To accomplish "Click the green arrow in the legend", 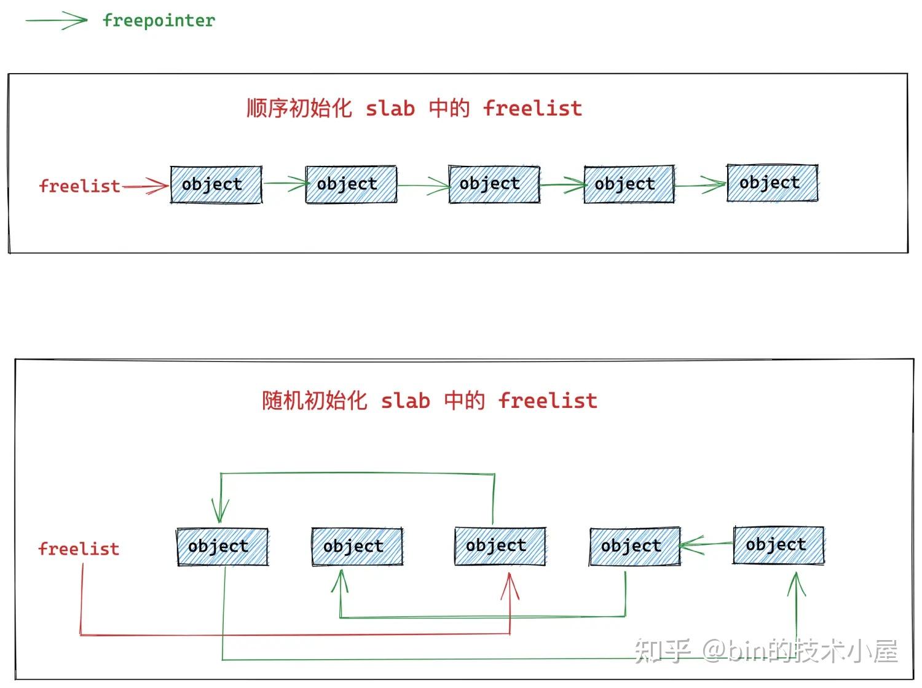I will (56, 21).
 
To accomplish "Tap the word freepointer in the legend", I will (159, 20).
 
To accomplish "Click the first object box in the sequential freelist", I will (216, 184).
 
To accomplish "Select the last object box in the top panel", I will (772, 183).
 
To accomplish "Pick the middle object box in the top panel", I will (494, 184).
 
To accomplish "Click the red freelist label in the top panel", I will (79, 186).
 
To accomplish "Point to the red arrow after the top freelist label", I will (146, 186).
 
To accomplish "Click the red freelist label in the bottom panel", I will (79, 549).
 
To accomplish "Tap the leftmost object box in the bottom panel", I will (222, 546).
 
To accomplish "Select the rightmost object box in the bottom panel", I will (778, 545).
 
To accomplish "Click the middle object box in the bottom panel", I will (500, 545).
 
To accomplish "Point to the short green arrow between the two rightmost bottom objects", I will (706, 544).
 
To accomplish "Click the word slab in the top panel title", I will (390, 109).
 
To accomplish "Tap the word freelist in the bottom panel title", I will (548, 401).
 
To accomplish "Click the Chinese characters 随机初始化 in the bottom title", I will (314, 401).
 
